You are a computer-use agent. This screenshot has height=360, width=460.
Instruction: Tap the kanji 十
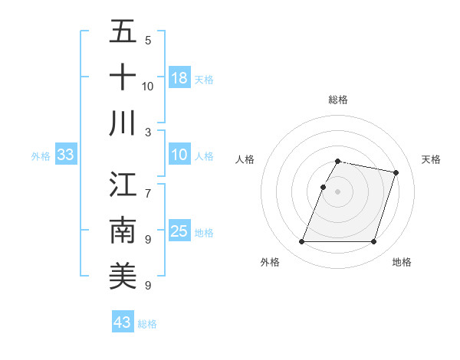[123, 77]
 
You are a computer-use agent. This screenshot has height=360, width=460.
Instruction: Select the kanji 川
[123, 123]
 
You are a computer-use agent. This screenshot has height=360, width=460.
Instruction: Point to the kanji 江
[123, 185]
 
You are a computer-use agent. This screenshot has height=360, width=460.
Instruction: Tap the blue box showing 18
[179, 78]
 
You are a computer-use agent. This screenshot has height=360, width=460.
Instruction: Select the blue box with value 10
[179, 155]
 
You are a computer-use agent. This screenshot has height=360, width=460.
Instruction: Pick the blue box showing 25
[179, 231]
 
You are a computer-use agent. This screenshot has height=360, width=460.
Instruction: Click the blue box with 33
[66, 155]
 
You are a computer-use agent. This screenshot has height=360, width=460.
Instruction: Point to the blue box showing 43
[123, 322]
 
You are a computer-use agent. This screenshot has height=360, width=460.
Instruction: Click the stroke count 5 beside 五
[148, 40]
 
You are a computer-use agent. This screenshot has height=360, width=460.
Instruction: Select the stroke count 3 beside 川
[148, 132]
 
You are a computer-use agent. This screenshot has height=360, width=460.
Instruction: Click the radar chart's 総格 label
[337, 100]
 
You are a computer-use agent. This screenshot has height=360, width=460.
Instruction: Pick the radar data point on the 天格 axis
[396, 172]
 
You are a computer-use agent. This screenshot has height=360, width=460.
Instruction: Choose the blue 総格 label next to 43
[147, 324]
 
